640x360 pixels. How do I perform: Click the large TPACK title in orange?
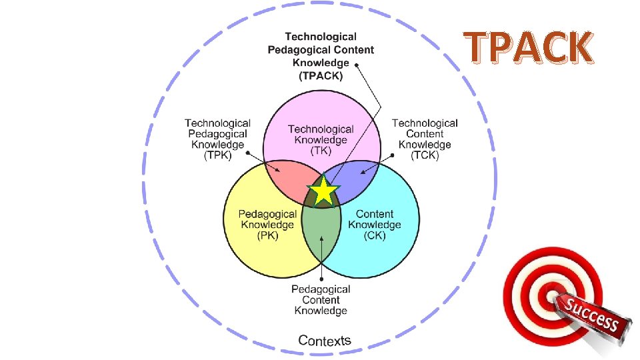click(x=529, y=47)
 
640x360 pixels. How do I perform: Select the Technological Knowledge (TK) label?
click(x=321, y=140)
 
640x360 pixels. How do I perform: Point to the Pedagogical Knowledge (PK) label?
click(x=267, y=225)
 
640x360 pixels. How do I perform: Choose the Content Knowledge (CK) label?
click(x=375, y=225)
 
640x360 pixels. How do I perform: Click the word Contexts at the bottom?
click(x=325, y=341)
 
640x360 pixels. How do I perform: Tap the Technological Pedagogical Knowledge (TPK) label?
click(x=217, y=139)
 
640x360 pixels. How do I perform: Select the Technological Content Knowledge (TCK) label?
click(x=425, y=139)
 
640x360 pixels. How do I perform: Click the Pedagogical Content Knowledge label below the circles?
click(x=321, y=300)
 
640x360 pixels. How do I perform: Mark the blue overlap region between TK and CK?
click(x=360, y=177)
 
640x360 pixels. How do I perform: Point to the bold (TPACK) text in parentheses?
click(x=321, y=75)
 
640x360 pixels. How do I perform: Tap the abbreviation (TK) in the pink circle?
click(x=321, y=151)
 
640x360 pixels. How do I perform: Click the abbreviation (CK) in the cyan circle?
click(x=375, y=235)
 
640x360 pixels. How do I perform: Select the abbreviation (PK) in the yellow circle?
click(x=267, y=235)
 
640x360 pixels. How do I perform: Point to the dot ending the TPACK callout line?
click(x=358, y=65)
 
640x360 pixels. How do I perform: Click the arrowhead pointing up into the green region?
click(x=322, y=239)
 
